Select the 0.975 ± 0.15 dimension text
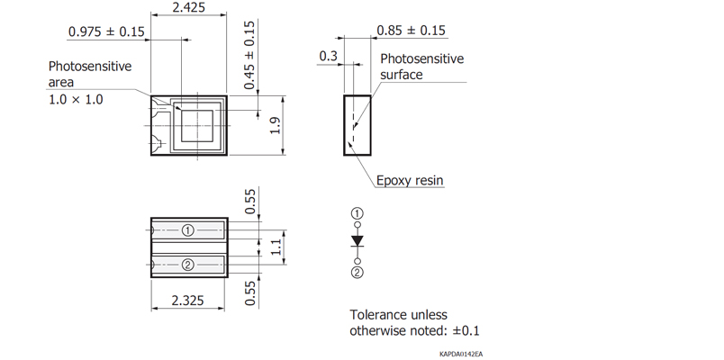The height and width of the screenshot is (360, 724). pos(106,32)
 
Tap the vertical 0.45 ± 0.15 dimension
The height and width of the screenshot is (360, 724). pos(249,53)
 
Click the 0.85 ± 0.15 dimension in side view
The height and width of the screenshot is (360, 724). pos(412,31)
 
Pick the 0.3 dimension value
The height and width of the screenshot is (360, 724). pos(328,58)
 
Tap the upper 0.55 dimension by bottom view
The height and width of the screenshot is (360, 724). pos(249,202)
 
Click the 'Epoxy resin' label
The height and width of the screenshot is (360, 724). pos(410,181)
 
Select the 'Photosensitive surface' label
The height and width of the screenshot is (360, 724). pos(421,67)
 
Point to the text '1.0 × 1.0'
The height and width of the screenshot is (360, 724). pos(76,99)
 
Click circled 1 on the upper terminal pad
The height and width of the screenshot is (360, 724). pos(187,229)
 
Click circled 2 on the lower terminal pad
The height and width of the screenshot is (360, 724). pos(187,265)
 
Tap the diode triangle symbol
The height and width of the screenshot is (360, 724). pos(357,241)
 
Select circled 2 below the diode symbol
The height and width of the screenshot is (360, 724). pos(357,272)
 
